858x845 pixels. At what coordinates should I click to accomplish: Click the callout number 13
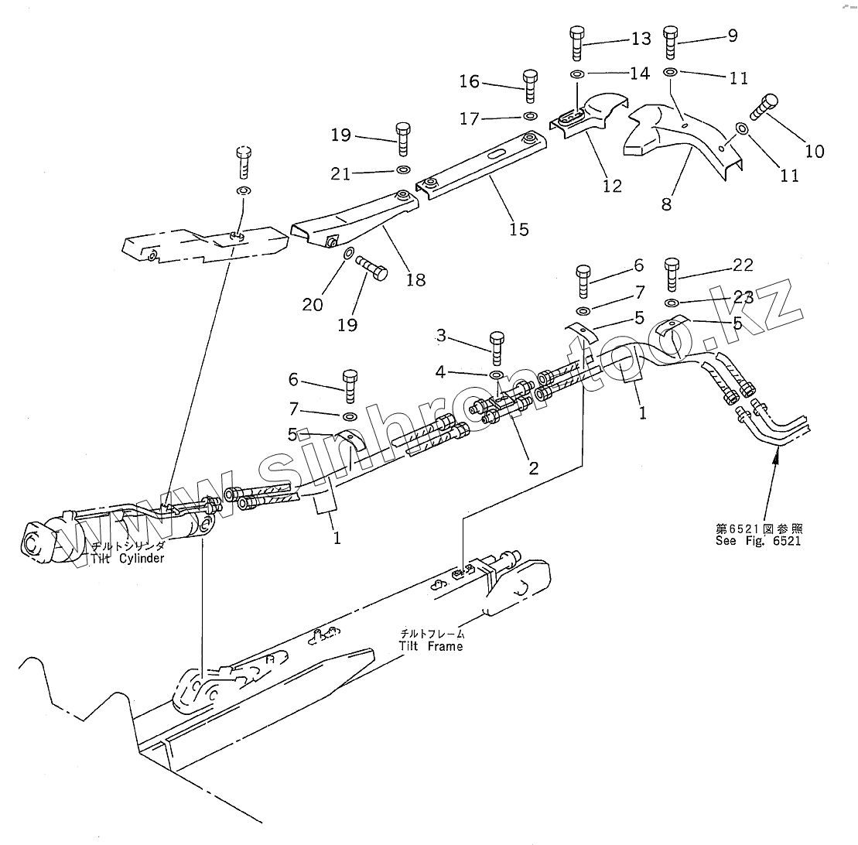(641, 38)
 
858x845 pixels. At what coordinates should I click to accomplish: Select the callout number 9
(732, 35)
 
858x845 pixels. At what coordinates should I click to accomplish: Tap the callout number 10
(814, 151)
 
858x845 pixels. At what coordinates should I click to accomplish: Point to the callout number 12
(612, 186)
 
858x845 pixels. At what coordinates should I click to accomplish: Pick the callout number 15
(518, 229)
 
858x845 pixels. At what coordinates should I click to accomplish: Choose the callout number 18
(416, 279)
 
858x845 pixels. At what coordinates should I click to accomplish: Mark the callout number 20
(313, 305)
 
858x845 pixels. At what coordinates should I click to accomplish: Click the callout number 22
(743, 265)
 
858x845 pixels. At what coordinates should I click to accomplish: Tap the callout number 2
(533, 467)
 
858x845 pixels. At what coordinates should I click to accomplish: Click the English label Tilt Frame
(431, 646)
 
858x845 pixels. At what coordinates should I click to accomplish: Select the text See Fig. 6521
(758, 541)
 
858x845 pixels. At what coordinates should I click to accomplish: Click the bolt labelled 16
(531, 85)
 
